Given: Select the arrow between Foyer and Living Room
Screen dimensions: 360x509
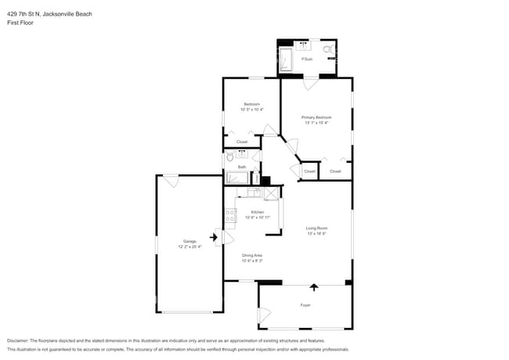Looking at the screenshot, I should [x=314, y=287].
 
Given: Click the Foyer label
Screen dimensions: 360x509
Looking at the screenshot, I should [x=305, y=304].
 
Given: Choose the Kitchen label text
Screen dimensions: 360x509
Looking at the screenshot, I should [x=257, y=212].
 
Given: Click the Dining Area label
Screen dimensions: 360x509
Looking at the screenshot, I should [x=252, y=255].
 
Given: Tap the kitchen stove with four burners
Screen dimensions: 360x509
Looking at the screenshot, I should [x=230, y=214].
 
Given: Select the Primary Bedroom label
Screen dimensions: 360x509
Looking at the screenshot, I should [x=316, y=117].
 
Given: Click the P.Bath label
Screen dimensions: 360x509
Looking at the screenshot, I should [x=307, y=59].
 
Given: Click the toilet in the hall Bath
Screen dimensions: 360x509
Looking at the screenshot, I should [x=229, y=157].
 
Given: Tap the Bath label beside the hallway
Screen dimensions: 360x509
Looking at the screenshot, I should [x=242, y=167].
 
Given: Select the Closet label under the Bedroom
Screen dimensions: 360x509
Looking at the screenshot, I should [x=242, y=142].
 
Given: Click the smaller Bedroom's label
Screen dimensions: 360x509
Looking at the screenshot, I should [x=251, y=104].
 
